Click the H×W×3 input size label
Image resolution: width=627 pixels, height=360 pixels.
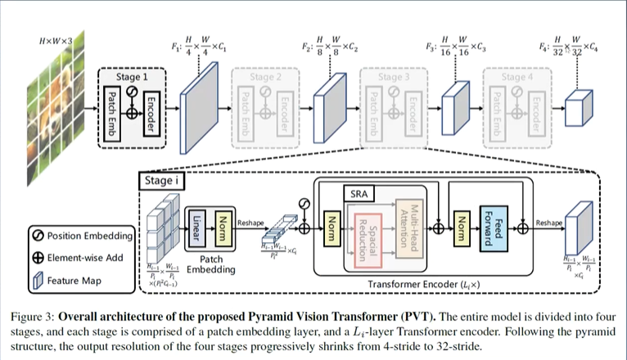[52, 39]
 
